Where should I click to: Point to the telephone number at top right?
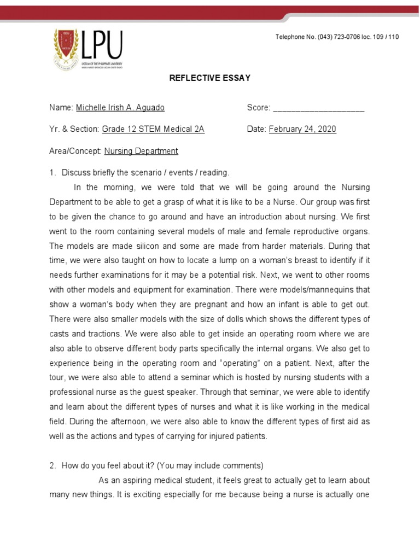pyautogui.click(x=337, y=37)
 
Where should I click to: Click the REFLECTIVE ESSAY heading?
pyautogui.click(x=209, y=78)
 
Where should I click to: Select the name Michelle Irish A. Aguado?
pyautogui.click(x=120, y=108)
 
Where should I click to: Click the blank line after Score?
pyautogui.click(x=318, y=108)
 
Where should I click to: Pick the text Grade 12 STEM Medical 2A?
pyautogui.click(x=153, y=129)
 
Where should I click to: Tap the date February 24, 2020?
pyautogui.click(x=302, y=129)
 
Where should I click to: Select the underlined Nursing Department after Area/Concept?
pyautogui.click(x=141, y=151)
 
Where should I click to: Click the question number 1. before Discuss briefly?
pyautogui.click(x=53, y=173)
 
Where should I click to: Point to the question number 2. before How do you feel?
pyautogui.click(x=53, y=466)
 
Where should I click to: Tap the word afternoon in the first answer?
pyautogui.click(x=132, y=422)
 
